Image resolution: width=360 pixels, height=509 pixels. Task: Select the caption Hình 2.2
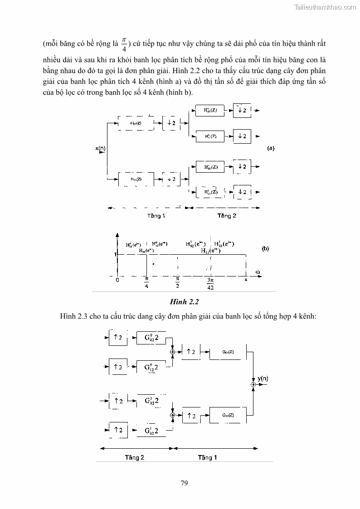click(x=185, y=301)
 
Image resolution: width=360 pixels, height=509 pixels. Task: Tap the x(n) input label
click(x=101, y=148)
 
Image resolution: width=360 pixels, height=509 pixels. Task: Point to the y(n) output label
click(x=263, y=378)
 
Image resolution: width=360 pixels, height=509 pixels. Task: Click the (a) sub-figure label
click(x=271, y=148)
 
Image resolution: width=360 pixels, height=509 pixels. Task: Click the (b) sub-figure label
click(x=266, y=248)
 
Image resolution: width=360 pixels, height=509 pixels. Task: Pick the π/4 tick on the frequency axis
click(x=146, y=282)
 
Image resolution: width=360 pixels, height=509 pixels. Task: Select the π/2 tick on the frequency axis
click(x=178, y=282)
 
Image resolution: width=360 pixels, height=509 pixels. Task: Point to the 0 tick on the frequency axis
click(x=117, y=280)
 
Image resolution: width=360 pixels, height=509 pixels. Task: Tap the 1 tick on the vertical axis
click(x=116, y=255)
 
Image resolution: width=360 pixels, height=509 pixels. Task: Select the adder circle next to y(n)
click(x=254, y=384)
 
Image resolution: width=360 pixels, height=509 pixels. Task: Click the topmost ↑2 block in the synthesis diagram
click(x=118, y=338)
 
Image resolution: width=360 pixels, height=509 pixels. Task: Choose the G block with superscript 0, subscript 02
click(x=151, y=338)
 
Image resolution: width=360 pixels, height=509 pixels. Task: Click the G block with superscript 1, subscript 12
click(x=151, y=430)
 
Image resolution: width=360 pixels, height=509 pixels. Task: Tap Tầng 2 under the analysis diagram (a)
click(x=227, y=216)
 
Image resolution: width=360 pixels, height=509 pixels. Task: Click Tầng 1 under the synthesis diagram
click(x=207, y=457)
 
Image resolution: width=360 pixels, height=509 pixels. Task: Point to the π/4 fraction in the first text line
click(x=124, y=45)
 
